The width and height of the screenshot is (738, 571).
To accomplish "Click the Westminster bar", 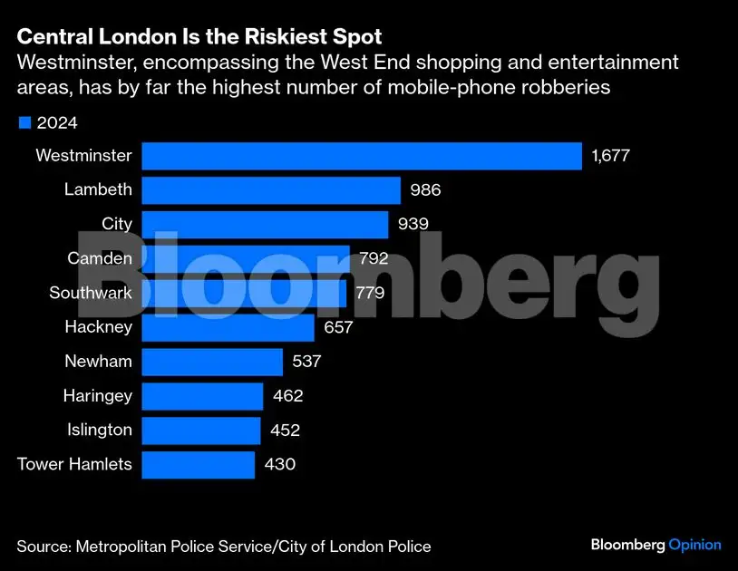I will pos(361,156).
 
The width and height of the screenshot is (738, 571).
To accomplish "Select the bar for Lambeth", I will pos(270,190).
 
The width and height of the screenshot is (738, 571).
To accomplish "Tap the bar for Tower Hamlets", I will pos(198,465).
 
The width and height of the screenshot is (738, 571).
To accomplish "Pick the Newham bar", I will pos(212,362).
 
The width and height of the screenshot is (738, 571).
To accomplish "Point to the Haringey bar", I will pos(202,396).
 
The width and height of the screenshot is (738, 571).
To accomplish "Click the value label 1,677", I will pos(610,156).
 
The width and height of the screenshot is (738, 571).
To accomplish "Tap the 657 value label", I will pos(338,327).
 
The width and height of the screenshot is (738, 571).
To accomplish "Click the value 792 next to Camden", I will pos(373,259).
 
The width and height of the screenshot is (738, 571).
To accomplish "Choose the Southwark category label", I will pos(91,294).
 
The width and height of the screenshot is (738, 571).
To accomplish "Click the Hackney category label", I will pos(98,327).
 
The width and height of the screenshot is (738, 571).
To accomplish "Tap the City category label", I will pos(117,225).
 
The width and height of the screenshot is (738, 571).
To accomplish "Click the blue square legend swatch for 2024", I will pos(24,122).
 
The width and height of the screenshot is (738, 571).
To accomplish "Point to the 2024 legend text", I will pos(57,123).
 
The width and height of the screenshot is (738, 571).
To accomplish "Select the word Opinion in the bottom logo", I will pos(694,545).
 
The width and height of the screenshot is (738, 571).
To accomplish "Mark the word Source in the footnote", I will pos(43,547).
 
